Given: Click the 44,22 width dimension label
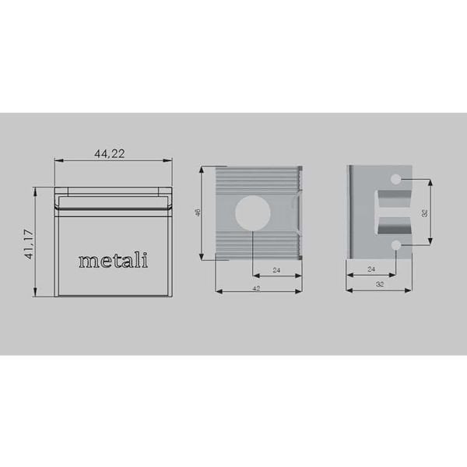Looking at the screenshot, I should click(110, 153).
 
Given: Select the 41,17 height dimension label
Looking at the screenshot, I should click(29, 244).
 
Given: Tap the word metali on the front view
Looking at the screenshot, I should click(114, 260).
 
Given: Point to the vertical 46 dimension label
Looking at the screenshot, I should click(198, 212).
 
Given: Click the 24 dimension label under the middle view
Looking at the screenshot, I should click(277, 270).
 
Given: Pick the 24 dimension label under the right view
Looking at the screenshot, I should click(371, 269).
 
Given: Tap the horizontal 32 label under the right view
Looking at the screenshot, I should click(380, 285).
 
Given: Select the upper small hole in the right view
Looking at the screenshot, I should click(396, 180).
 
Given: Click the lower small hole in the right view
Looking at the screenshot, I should click(396, 246).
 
